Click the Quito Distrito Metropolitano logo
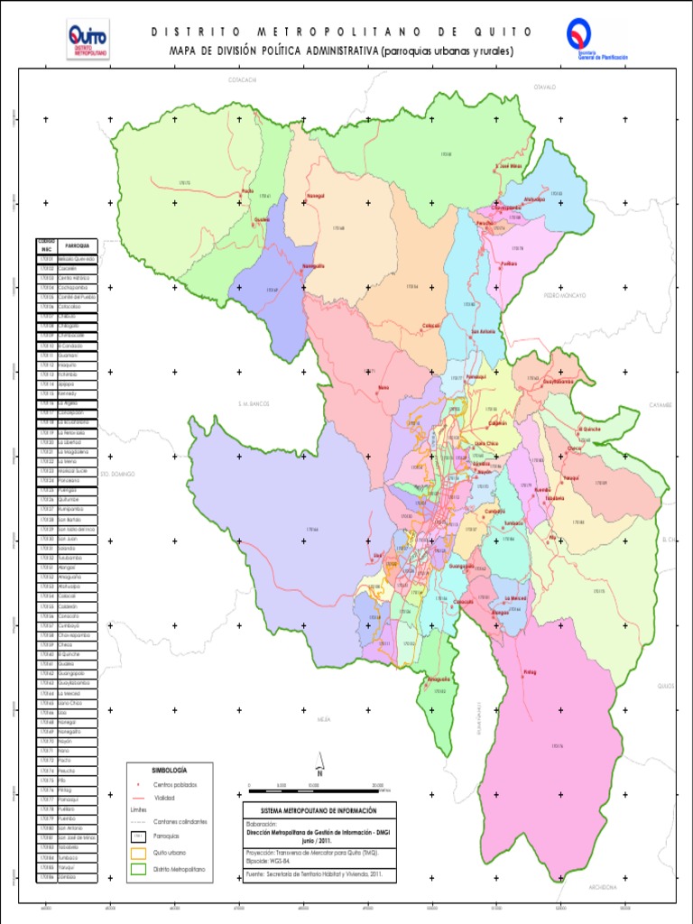[88, 41]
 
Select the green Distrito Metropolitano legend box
[138, 868]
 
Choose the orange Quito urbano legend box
[138, 852]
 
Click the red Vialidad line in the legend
[138, 798]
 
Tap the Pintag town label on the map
[530, 672]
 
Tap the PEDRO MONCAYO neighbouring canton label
[565, 295]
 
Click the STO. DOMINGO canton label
[117, 473]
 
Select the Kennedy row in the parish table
[77, 393]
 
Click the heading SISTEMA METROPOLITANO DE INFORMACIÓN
[319, 810]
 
